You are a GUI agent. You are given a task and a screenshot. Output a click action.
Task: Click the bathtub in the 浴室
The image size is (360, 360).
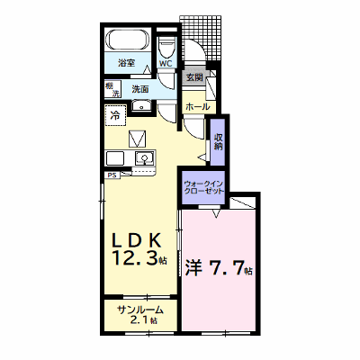[129, 40]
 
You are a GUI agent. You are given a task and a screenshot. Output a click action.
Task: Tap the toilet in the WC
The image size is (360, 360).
[166, 47]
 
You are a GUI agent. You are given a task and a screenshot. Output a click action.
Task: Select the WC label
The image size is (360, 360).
[166, 64]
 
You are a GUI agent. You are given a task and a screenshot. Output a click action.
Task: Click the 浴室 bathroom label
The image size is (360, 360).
[127, 63]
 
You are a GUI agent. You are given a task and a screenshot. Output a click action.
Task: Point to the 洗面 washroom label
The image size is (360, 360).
[140, 89]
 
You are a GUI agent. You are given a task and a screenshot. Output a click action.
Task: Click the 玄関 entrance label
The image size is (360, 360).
[194, 77]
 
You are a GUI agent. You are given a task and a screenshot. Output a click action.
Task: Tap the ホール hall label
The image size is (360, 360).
[198, 106]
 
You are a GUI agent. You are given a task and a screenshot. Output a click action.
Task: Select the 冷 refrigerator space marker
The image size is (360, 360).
[115, 115]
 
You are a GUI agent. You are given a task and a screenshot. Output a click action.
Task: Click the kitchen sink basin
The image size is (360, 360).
[145, 157]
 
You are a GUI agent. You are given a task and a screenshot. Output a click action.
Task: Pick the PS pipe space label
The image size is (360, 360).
[112, 175]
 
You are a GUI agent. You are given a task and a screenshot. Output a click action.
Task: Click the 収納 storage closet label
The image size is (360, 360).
[218, 142]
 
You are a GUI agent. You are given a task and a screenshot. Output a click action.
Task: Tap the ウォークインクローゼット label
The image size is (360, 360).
[203, 187]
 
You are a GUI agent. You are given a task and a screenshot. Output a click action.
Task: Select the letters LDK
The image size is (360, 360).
[137, 240]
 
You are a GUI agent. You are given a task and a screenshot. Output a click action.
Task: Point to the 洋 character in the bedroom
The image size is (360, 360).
[193, 267]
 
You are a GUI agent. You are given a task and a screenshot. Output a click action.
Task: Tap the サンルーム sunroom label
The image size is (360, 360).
[140, 310]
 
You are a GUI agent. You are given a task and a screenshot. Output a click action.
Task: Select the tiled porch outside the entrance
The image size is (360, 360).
[202, 38]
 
